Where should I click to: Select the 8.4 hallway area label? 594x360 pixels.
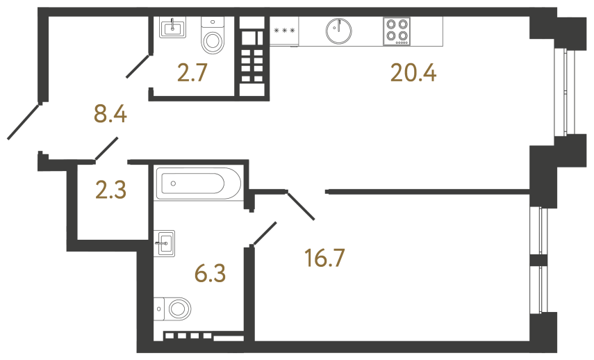pos(110,113)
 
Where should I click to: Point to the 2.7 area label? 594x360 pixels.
pos(192,72)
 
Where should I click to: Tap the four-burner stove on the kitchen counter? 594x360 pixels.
pos(396,31)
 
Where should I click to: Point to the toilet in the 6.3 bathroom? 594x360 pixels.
pos(174,307)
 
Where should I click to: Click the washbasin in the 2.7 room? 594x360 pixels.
pos(172,28)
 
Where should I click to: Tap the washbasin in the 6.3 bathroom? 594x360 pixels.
pos(165,243)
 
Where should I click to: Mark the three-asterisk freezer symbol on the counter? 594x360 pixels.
pos(284,31)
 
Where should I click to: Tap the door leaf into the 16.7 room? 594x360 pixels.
pos(302,206)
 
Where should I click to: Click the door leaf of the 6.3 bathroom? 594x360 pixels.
pos(265,234)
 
